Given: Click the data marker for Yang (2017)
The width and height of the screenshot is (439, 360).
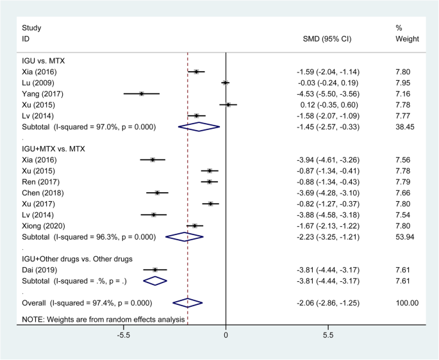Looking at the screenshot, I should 141,94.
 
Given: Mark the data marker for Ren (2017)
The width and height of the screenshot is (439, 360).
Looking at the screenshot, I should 209,182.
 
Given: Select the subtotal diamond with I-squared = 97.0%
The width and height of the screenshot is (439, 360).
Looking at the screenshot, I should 199,127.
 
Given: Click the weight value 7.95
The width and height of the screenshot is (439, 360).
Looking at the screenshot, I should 404,83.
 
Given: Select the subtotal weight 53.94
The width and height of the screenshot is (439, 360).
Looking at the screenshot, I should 406,236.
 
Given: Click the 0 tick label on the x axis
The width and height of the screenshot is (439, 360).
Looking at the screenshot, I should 226,334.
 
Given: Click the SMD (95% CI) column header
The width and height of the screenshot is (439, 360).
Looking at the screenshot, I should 327,39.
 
